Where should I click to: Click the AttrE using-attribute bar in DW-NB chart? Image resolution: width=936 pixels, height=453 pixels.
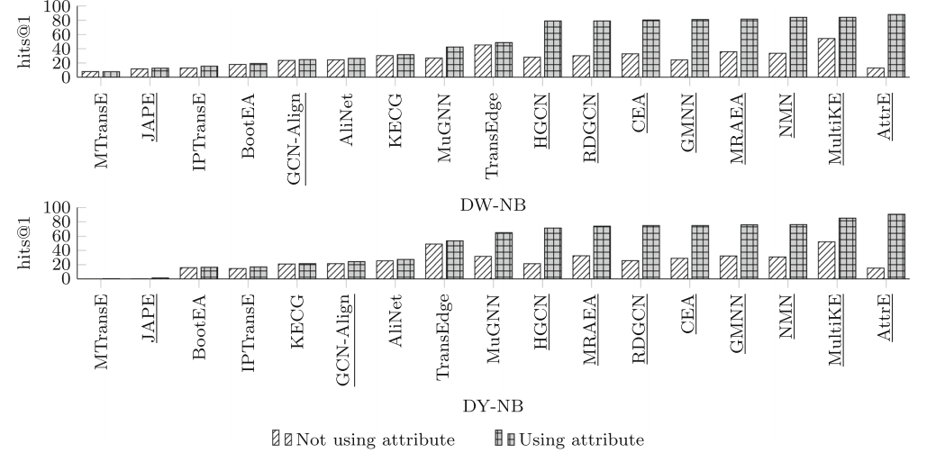[x=896, y=46]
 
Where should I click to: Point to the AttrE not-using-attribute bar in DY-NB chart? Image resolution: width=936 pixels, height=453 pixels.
[x=875, y=273]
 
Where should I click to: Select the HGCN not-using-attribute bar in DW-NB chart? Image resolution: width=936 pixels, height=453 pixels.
[x=532, y=68]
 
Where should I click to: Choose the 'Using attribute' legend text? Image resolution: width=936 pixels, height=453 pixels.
[x=581, y=439]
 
